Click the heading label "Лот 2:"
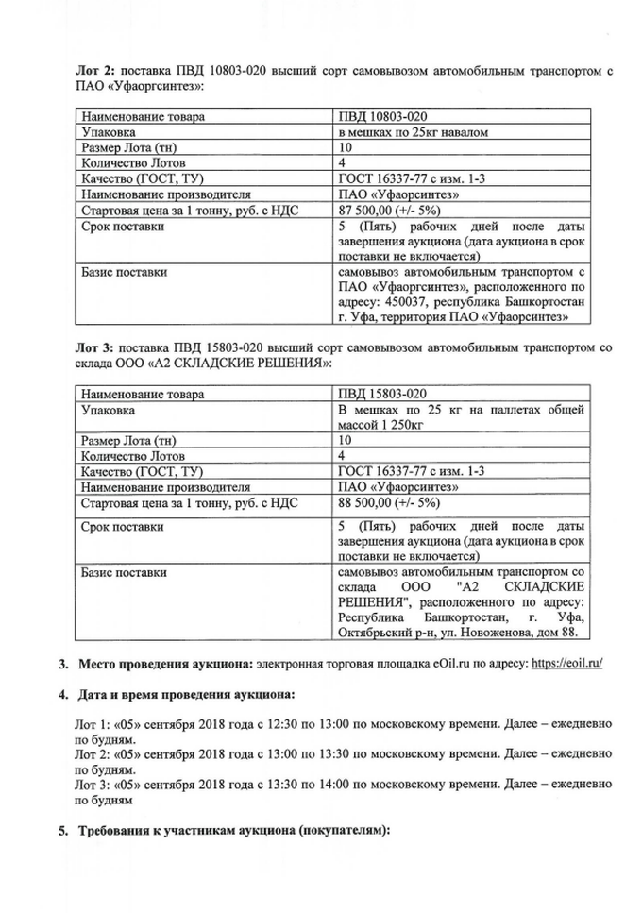pos(94,70)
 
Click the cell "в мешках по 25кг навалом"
pos(413,133)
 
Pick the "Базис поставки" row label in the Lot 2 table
pos(125,273)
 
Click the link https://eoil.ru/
pos(566,664)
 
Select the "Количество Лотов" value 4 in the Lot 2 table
pos(342,164)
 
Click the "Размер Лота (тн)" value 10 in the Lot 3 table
pos(345,440)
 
